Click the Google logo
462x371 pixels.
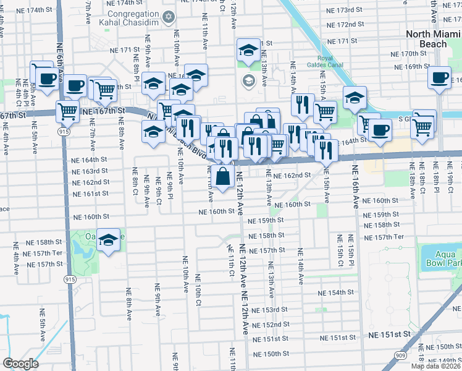click(20, 364)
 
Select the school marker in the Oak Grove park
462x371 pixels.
click(109, 241)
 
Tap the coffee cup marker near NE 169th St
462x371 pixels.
click(439, 78)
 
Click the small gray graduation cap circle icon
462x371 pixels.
click(248, 80)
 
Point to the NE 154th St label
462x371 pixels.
click(337, 292)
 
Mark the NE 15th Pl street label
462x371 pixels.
click(351, 250)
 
